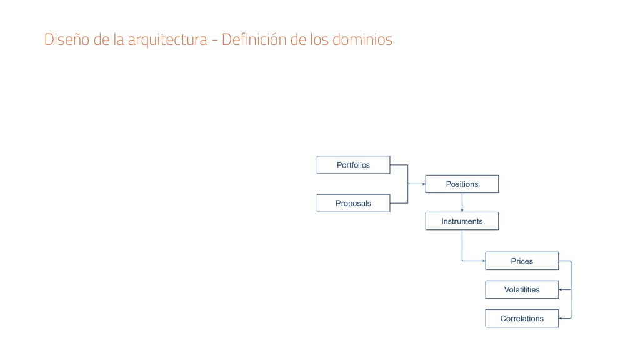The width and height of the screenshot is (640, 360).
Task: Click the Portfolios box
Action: (353, 165)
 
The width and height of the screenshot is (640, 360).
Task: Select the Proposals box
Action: (353, 203)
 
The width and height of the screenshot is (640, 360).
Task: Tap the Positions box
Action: (462, 184)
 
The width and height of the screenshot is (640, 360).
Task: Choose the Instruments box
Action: (462, 221)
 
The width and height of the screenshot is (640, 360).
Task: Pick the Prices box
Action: (522, 261)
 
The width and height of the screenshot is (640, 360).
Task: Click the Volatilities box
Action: (522, 290)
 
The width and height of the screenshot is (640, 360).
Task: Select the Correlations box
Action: (522, 319)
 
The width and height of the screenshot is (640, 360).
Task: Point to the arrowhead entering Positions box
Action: (423, 184)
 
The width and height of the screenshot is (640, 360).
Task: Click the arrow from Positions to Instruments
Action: (462, 202)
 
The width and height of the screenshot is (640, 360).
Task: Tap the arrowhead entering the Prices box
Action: (483, 261)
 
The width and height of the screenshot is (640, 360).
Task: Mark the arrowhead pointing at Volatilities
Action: (561, 290)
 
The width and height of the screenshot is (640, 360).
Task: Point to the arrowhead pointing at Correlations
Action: (561, 319)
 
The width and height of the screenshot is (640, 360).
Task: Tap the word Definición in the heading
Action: (254, 40)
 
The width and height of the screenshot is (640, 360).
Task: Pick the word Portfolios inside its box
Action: (353, 165)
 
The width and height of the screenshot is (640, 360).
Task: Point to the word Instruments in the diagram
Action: (462, 221)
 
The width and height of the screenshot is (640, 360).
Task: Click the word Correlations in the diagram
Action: (522, 319)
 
